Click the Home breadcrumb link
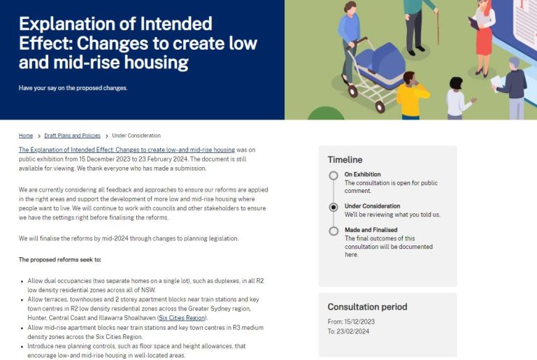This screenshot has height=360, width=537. pyautogui.click(x=26, y=136)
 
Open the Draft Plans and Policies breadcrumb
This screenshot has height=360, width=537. pyautogui.click(x=72, y=136)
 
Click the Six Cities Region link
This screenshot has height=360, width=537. pyautogui.click(x=182, y=318)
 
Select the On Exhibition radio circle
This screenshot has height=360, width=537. pyautogui.click(x=334, y=175)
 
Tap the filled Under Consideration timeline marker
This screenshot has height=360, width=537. pyautogui.click(x=334, y=207)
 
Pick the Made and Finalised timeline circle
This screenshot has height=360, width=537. pyautogui.click(x=334, y=231)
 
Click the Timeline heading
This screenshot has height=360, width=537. pyautogui.click(x=345, y=159)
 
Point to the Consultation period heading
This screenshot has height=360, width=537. pyautogui.click(x=367, y=307)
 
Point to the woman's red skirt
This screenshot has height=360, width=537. pyautogui.click(x=484, y=41)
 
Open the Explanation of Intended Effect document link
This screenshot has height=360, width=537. pyautogui.click(x=127, y=150)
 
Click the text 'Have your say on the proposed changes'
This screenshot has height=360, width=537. pyautogui.click(x=73, y=88)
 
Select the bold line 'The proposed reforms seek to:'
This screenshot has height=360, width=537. pyautogui.click(x=60, y=259)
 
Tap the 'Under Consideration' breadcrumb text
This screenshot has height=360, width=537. pyautogui.click(x=136, y=136)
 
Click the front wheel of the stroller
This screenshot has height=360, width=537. pyautogui.click(x=380, y=107)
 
